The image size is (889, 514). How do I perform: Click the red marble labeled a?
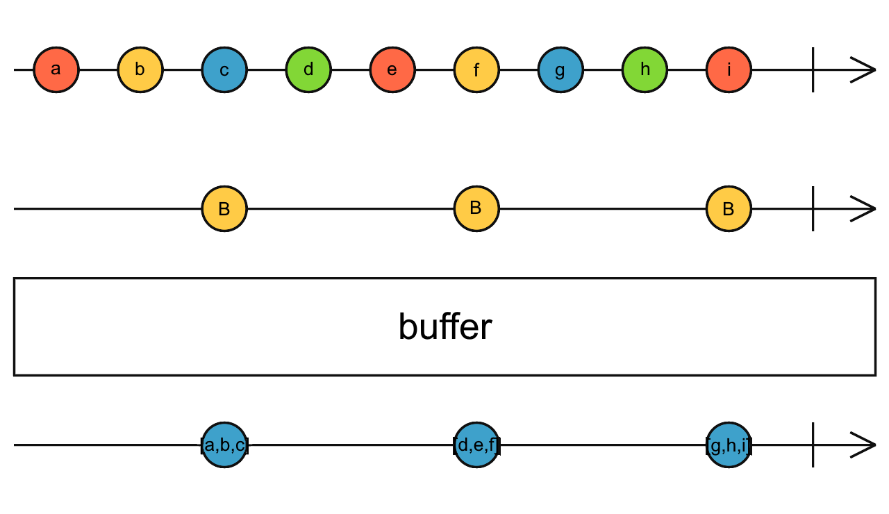[x=56, y=70]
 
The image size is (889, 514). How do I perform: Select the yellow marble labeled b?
[x=140, y=70]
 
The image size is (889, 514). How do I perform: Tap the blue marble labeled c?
[x=224, y=70]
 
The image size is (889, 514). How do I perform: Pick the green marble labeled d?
[x=308, y=70]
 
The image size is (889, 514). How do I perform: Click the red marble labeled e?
[x=392, y=70]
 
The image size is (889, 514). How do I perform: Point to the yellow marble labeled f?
[x=476, y=70]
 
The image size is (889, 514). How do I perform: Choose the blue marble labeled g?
[x=560, y=70]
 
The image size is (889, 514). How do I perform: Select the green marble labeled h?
[x=645, y=70]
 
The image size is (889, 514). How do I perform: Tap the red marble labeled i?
[x=729, y=70]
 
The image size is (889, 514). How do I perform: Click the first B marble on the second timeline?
[x=224, y=208]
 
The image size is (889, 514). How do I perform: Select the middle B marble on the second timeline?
[x=476, y=208]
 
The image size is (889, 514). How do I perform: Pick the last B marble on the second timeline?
[x=729, y=208]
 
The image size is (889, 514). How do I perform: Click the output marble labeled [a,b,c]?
[x=224, y=445]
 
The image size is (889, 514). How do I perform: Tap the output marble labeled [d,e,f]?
[x=476, y=445]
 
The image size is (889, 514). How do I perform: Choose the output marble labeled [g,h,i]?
[x=729, y=445]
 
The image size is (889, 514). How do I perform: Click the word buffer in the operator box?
[x=444, y=326]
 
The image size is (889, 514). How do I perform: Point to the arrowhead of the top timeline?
[x=865, y=70]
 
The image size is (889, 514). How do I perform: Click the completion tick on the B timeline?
[x=813, y=208]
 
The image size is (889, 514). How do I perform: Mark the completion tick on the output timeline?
[x=813, y=445]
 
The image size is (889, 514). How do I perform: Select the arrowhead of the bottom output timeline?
[x=865, y=445]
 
